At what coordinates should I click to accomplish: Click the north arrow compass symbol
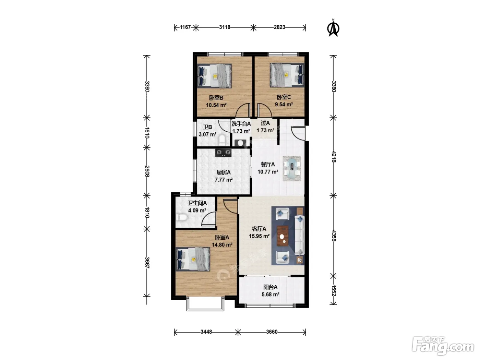click(333, 28)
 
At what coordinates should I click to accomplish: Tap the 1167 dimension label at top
click(185, 27)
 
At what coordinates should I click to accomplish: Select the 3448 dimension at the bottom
click(206, 332)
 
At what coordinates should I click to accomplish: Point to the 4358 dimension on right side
click(334, 236)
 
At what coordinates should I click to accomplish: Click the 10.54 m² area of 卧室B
click(216, 105)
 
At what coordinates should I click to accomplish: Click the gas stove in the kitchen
click(223, 153)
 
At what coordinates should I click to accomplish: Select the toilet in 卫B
click(222, 140)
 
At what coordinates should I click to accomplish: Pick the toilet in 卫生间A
click(181, 217)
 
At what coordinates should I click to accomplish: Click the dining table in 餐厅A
click(292, 168)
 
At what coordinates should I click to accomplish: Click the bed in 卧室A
click(193, 259)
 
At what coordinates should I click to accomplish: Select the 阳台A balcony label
click(270, 287)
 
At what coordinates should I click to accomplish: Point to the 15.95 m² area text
click(259, 236)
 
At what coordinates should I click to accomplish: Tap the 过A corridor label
click(265, 123)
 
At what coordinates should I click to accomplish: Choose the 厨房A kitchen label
click(223, 172)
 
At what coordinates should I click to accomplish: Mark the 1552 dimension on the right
click(334, 290)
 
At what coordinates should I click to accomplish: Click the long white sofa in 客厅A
click(300, 235)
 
